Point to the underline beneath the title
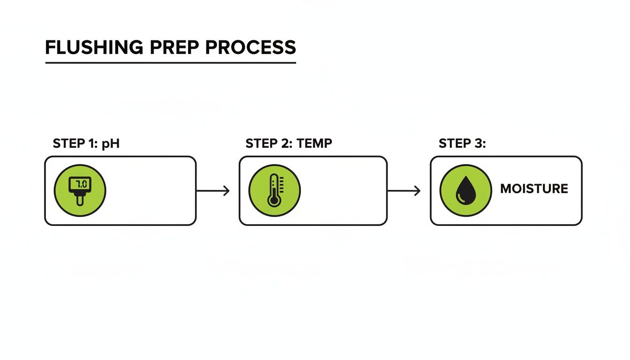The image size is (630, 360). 171,63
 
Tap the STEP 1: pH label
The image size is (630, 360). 86,143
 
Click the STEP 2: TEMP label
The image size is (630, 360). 289,143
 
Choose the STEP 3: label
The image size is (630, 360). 462,143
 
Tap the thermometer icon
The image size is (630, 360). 274,190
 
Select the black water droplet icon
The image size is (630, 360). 465,190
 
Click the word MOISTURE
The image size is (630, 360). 534,189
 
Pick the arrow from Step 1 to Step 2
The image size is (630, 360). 213,190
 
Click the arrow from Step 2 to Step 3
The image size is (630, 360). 404,190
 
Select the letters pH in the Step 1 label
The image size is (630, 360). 112,143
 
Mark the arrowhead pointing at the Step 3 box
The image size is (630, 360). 417,190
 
